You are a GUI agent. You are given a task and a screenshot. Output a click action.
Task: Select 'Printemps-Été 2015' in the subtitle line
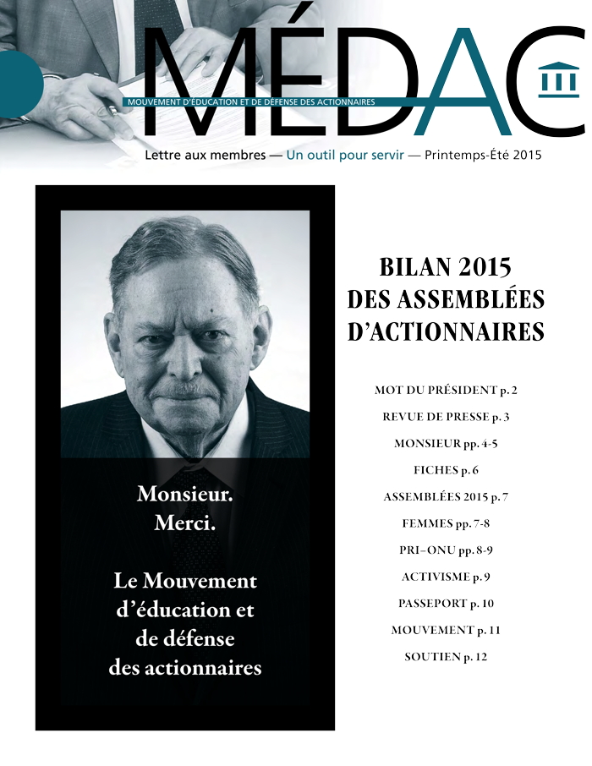pos(483,156)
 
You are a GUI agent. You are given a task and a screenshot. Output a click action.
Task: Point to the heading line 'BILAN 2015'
pos(446,269)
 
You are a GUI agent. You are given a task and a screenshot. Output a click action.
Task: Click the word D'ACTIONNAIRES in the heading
pos(446,331)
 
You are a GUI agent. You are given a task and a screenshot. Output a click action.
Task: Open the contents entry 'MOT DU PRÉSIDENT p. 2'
pos(446,391)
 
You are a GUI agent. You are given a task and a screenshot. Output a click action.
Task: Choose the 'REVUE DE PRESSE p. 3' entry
pos(446,417)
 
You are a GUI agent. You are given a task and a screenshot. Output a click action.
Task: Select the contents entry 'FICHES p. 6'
pos(446,470)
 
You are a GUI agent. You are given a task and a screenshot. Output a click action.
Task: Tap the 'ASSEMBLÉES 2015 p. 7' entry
pos(446,496)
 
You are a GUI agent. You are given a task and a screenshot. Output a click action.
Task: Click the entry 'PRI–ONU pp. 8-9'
pos(446,550)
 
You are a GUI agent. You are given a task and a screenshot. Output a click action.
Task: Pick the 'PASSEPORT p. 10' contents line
pos(446,604)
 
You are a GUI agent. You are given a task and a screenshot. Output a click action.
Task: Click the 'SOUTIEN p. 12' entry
pos(446,657)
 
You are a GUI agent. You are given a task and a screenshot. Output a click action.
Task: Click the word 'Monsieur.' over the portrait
pos(185,494)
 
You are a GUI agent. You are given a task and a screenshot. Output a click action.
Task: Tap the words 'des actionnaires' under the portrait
pos(185,668)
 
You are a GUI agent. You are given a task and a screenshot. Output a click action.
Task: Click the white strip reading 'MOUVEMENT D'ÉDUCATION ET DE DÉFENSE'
pos(250,101)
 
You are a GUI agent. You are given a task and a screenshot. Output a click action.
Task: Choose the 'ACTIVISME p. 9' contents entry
pos(446,577)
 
